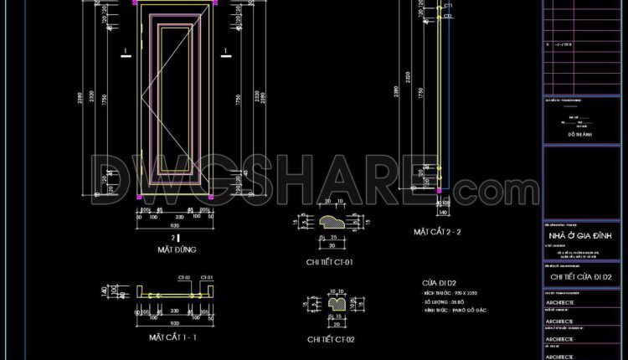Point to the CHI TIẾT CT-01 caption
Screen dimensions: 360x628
click(330, 262)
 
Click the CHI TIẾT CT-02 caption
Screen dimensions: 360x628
click(332, 339)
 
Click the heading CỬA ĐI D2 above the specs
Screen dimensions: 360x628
click(439, 282)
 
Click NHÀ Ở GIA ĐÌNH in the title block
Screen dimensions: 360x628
click(583, 236)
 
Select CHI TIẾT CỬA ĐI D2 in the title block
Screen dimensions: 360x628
click(583, 276)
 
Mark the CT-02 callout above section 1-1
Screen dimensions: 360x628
click(183, 277)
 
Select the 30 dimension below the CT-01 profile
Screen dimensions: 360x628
click(332, 246)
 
